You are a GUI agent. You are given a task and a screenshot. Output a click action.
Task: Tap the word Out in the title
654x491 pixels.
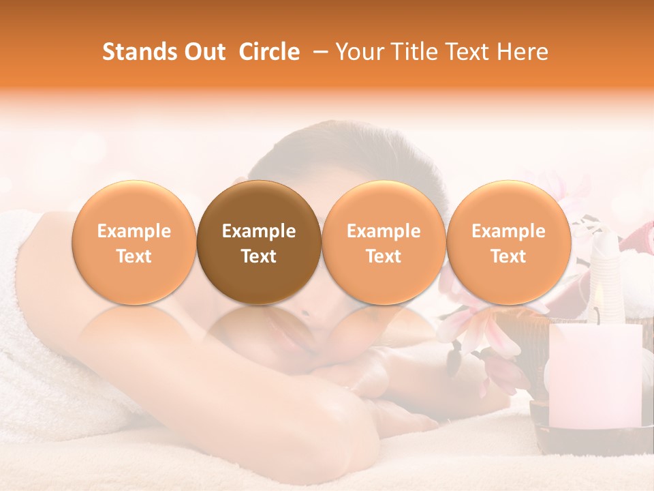tap(204, 52)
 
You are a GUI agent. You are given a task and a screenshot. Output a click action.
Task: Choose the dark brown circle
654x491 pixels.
tap(259, 241)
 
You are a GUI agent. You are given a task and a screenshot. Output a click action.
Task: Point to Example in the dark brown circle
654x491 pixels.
tap(259, 231)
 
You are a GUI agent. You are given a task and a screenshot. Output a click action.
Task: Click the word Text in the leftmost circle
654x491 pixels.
tap(134, 256)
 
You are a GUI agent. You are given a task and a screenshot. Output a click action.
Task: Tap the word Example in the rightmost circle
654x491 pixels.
tap(508, 231)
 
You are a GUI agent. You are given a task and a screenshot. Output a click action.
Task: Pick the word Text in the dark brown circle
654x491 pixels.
tap(259, 256)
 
